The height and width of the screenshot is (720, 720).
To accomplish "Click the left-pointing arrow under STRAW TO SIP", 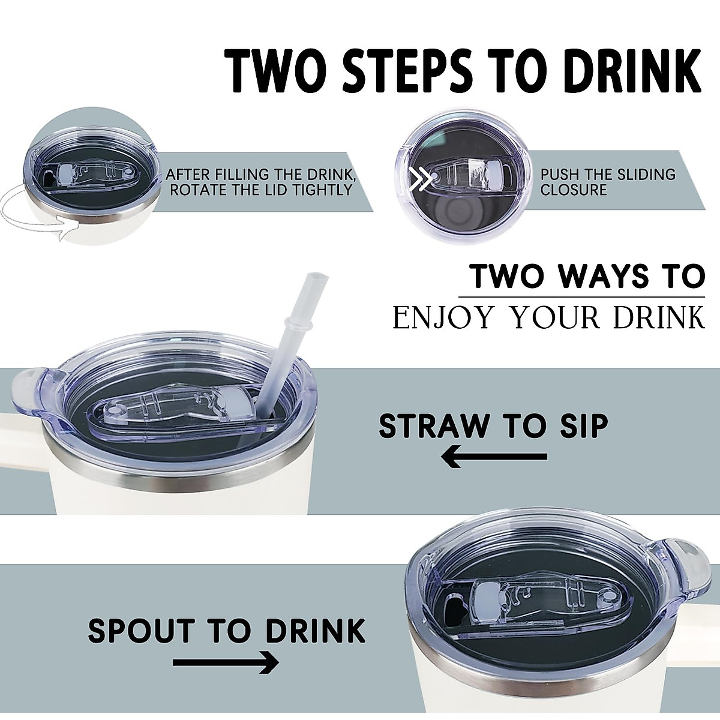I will coord(494,458).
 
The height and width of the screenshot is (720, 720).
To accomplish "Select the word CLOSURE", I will coord(574,191).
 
